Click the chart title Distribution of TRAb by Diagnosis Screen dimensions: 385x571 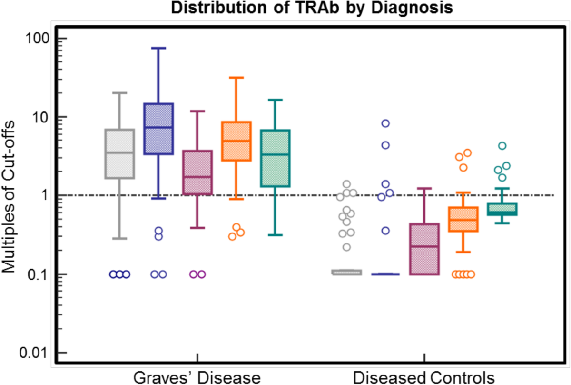(x=286, y=8)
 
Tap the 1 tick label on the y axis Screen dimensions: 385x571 (x=47, y=195)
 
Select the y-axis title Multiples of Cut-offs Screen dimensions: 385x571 (x=10, y=195)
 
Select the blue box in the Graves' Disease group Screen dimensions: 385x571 (x=158, y=129)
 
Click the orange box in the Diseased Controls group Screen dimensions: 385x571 (x=463, y=220)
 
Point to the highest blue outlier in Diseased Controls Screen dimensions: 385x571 (x=385, y=123)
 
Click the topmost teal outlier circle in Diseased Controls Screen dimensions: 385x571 (x=502, y=146)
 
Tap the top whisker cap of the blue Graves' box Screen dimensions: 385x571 (x=158, y=48)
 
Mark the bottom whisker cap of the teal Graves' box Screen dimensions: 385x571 (x=276, y=235)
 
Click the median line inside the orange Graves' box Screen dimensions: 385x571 (x=236, y=141)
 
